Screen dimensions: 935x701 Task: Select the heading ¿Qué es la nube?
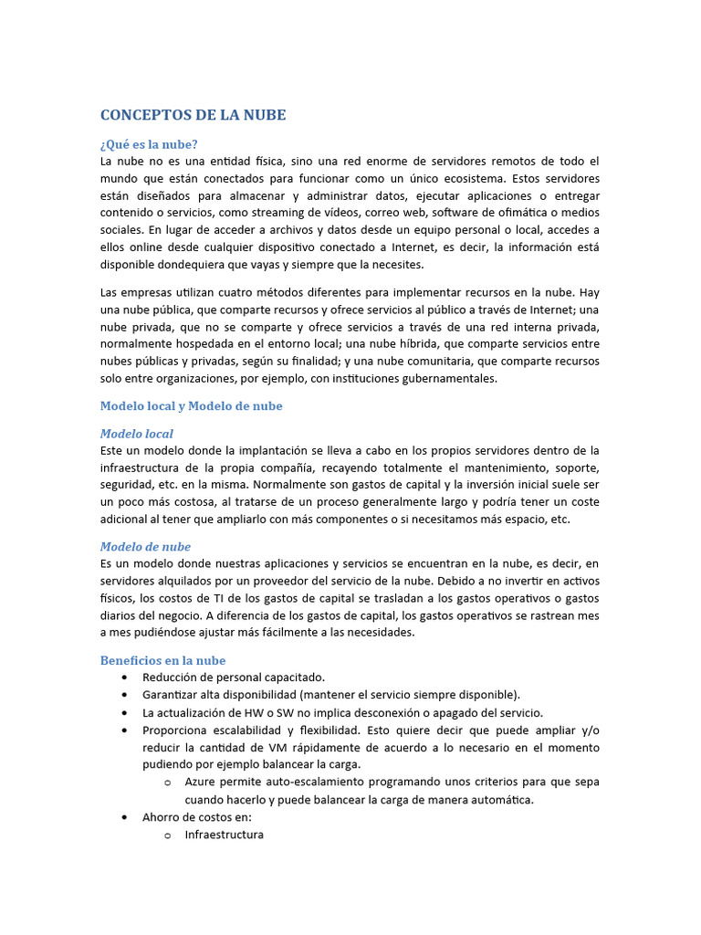pos(149,144)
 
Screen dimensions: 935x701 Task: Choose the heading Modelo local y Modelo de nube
pos(191,406)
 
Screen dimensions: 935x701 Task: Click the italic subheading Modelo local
pos(136,434)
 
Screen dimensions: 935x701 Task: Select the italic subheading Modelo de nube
pos(145,547)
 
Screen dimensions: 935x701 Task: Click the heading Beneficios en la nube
pos(162,660)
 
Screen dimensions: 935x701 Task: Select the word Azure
pos(201,783)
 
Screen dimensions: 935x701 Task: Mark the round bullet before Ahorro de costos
pos(123,818)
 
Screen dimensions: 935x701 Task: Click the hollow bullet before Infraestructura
pos(167,835)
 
